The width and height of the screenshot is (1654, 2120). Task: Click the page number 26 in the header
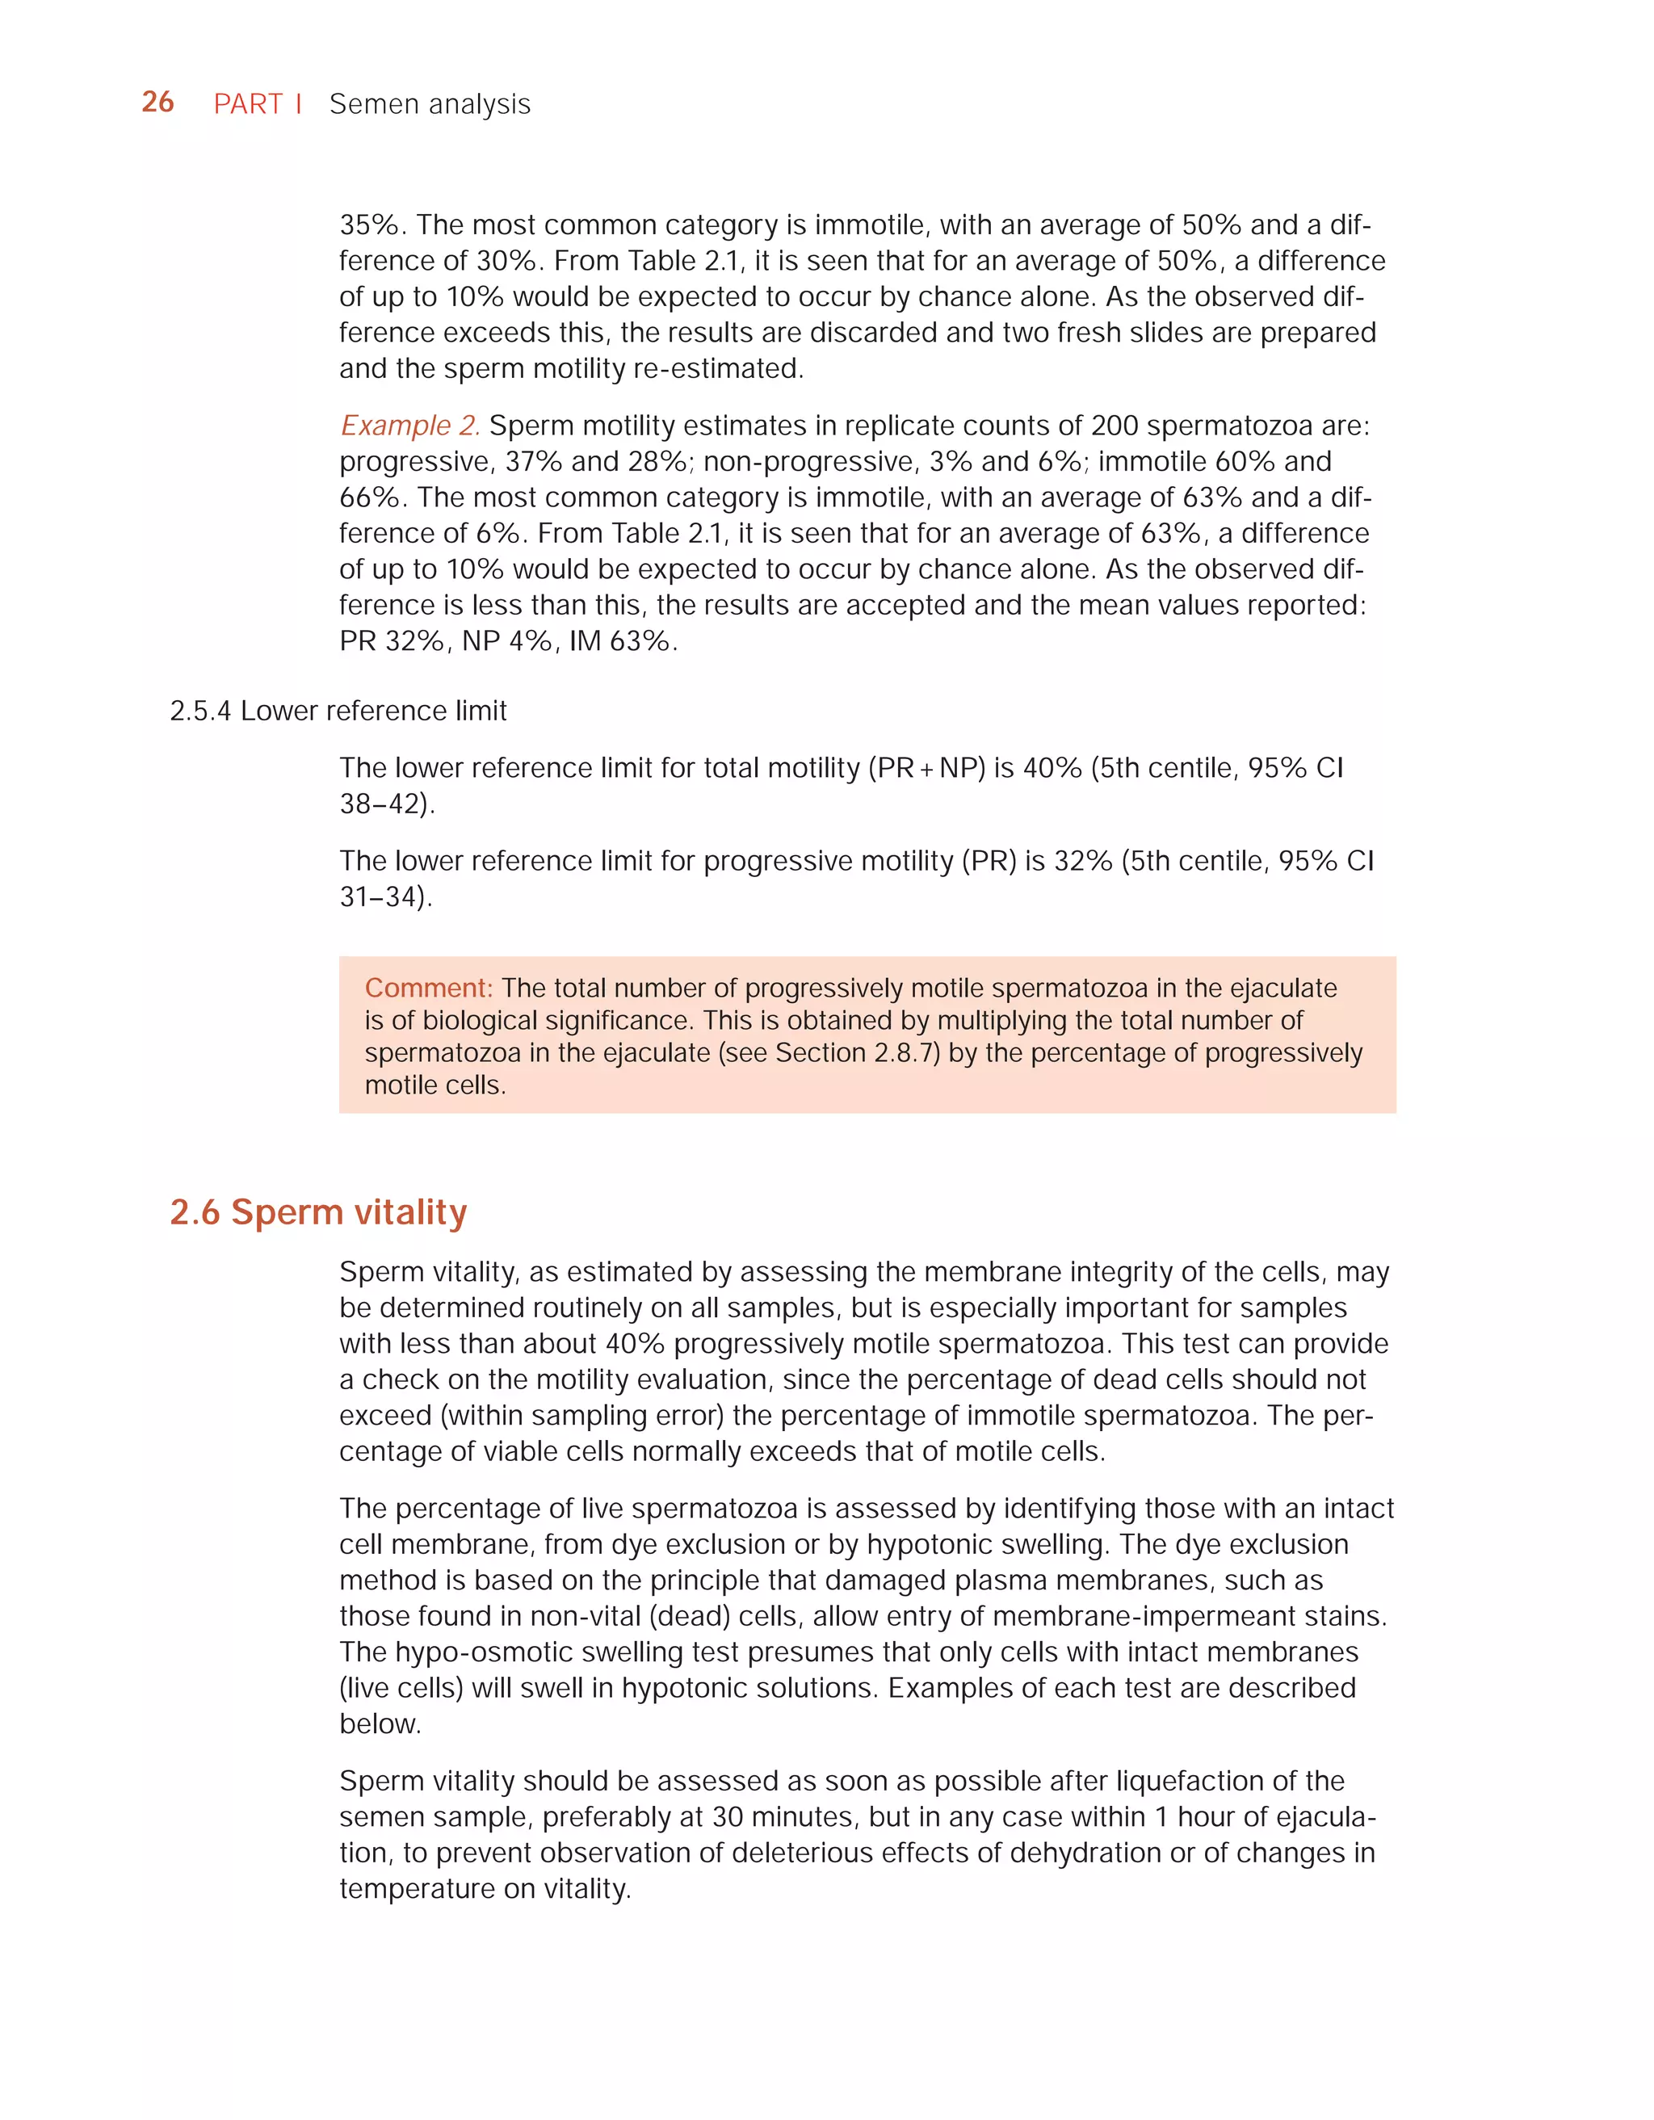click(158, 102)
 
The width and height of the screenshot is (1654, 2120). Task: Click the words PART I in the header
click(257, 104)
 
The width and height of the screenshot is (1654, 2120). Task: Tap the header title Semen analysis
click(430, 104)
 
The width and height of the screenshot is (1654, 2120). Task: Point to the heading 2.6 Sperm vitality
click(318, 1211)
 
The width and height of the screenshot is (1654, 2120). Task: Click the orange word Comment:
click(428, 989)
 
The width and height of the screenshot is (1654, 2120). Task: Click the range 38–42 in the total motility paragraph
click(384, 804)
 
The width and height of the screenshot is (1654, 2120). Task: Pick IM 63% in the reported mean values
click(619, 640)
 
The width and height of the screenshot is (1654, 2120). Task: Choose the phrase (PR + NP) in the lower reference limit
click(926, 768)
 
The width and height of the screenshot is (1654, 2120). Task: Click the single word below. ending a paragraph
click(380, 1724)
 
